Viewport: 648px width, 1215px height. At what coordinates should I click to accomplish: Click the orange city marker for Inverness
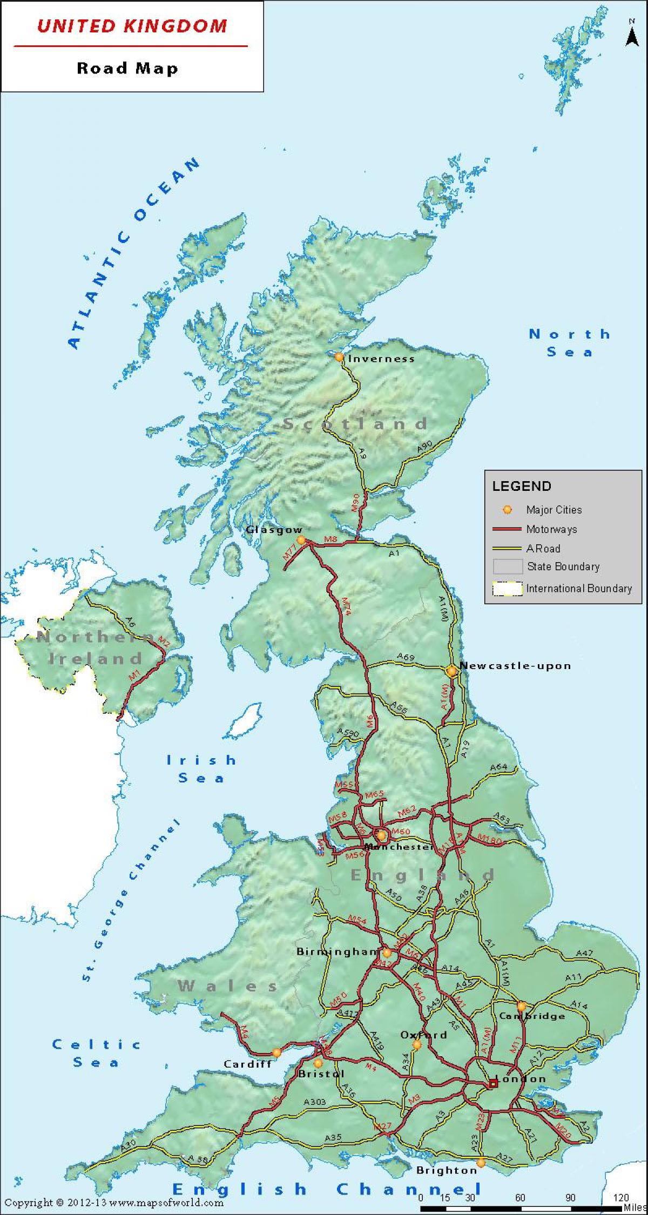339,357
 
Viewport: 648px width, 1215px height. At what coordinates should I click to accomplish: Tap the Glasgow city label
274,530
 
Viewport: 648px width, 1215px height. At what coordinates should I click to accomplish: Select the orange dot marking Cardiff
276,1052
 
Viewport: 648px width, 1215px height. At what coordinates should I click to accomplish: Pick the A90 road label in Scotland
425,447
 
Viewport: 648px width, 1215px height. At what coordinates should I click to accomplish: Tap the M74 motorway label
346,605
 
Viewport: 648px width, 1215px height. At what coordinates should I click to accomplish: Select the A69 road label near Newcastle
406,657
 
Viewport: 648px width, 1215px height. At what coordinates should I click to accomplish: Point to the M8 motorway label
330,539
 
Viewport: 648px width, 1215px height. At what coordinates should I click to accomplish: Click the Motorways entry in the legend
551,529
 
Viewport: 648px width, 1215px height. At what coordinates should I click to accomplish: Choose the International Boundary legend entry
578,589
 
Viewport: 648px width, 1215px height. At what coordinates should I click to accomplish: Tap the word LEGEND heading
521,486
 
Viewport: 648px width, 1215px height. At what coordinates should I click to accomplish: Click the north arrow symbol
631,35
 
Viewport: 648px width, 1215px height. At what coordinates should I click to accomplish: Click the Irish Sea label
201,769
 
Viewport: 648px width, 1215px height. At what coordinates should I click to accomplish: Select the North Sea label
570,343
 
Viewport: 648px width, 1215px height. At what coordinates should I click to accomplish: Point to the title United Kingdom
132,26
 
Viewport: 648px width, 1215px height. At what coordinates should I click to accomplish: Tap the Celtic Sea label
96,1053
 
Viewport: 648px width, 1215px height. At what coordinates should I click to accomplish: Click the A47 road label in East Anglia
584,954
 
